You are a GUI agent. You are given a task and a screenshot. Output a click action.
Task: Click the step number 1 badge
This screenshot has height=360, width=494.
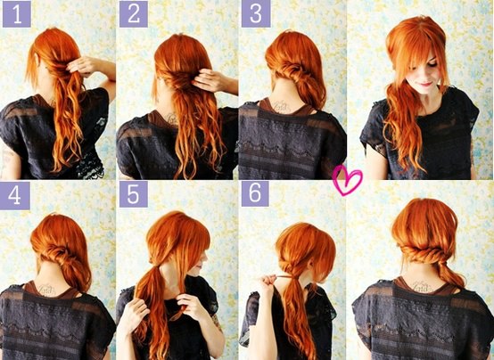[17, 14]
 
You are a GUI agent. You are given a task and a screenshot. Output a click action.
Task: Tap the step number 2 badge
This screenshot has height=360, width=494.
[134, 14]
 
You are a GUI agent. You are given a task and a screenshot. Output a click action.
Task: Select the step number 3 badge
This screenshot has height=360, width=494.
[256, 14]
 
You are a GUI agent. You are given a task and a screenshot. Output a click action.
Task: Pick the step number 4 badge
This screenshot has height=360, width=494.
[15, 195]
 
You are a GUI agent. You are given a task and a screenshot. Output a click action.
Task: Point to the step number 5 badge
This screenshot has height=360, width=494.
[134, 194]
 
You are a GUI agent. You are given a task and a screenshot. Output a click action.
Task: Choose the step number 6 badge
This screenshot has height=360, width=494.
[255, 193]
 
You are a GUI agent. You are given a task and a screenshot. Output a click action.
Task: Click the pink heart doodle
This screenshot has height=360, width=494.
[347, 180]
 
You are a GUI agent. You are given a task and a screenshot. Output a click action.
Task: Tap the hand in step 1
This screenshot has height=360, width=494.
[83, 66]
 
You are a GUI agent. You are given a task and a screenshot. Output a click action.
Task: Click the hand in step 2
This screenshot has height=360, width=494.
[209, 80]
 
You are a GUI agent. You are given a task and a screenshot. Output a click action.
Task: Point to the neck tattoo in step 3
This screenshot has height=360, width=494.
[282, 106]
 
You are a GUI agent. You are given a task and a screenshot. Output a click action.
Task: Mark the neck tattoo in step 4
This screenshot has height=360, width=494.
[47, 289]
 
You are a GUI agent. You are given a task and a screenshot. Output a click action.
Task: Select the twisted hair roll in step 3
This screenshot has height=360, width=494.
[294, 70]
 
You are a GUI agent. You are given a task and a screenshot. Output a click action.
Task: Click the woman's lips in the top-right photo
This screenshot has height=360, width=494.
[426, 84]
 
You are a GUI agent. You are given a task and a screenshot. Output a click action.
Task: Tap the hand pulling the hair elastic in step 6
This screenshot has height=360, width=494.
[268, 283]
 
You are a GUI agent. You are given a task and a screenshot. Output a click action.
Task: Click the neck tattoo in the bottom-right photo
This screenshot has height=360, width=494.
[423, 287]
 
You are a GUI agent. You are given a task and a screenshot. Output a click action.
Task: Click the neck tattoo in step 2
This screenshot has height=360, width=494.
[172, 119]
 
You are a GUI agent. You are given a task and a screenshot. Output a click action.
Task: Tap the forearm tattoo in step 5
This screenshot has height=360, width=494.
[217, 322]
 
